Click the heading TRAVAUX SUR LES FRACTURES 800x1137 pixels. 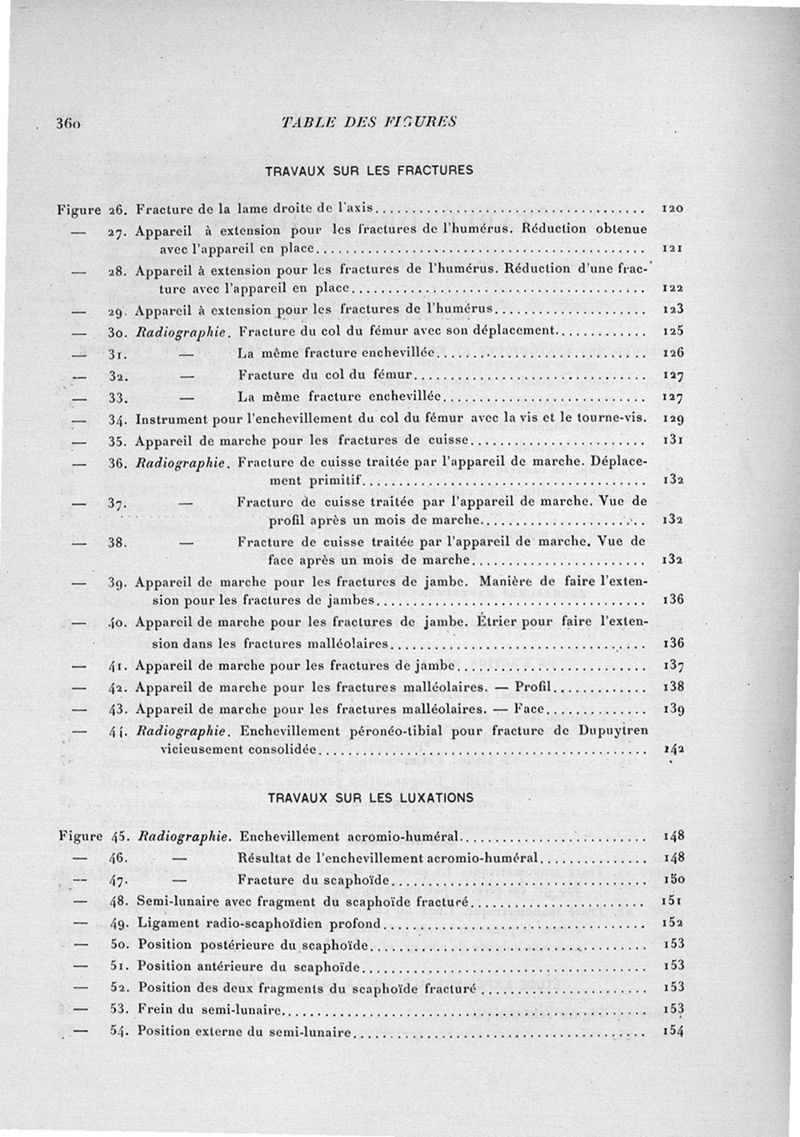point(369,170)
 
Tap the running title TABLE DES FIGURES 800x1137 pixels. point(369,122)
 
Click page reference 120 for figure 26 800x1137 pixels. point(672,208)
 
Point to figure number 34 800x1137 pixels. point(116,420)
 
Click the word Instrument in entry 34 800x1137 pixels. point(173,420)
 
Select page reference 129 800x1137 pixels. point(672,420)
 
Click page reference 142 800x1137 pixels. point(672,748)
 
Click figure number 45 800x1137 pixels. point(116,835)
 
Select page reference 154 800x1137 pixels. point(672,1031)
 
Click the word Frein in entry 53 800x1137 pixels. point(155,1009)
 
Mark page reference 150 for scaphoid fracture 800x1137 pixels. point(672,879)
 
